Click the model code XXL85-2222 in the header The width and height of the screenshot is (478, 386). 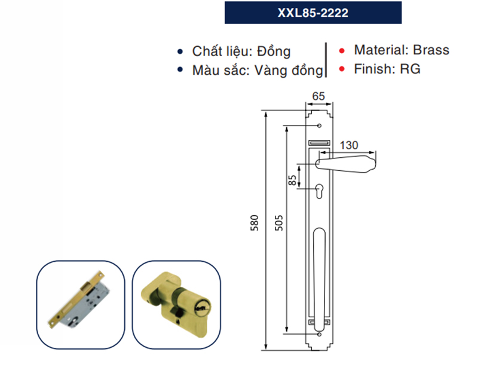click(x=313, y=13)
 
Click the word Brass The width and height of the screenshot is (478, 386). click(x=431, y=50)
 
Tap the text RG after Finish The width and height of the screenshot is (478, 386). click(x=410, y=69)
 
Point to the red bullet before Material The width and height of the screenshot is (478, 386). click(x=342, y=51)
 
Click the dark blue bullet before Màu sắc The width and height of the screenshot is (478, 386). click(x=180, y=70)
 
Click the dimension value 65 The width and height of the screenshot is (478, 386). click(x=318, y=96)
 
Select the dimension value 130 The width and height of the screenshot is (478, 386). click(x=350, y=144)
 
